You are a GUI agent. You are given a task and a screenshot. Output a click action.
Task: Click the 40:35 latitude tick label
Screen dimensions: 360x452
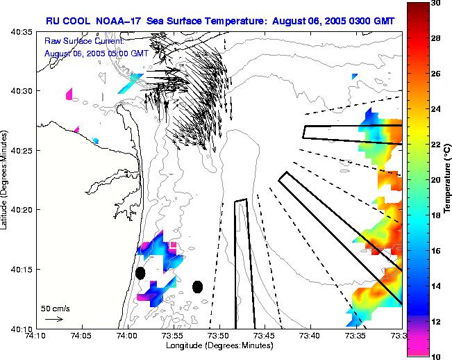click(x=22, y=33)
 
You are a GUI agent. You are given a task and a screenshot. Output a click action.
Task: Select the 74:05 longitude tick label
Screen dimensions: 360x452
click(x=81, y=336)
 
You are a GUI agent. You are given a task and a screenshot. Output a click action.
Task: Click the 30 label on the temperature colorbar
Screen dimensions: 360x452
click(x=435, y=4)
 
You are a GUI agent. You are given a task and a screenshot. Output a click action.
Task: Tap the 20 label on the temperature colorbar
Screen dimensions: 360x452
click(x=435, y=180)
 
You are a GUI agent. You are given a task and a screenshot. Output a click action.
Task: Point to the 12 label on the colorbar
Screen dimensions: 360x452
click(x=435, y=322)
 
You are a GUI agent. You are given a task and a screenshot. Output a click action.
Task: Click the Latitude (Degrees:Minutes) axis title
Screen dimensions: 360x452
click(x=6, y=180)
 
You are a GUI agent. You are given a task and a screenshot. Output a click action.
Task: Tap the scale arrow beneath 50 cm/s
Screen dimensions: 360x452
click(x=54, y=319)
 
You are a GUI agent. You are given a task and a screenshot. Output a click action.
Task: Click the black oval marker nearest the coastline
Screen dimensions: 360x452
click(x=140, y=273)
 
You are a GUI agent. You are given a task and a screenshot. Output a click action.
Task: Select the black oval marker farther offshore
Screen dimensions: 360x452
click(x=197, y=286)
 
